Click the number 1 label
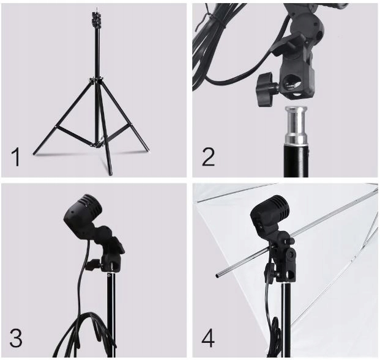16,157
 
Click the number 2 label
209,156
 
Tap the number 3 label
17,337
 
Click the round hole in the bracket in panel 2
293,83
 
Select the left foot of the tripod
35,153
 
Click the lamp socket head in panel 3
80,214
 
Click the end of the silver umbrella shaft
218,276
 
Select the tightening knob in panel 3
92,265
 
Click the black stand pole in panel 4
285,324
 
